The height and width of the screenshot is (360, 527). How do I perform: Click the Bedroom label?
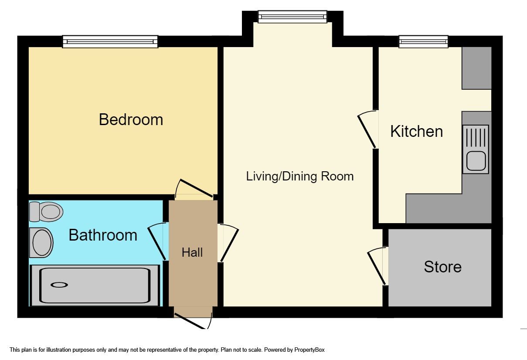[x=131, y=119]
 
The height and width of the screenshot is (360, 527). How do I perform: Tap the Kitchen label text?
[x=416, y=131]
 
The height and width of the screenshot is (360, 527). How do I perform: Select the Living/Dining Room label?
[x=299, y=177]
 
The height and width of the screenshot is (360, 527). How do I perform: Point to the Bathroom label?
[x=103, y=235]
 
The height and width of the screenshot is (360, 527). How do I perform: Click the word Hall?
[x=192, y=252]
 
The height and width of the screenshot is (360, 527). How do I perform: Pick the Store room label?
[x=442, y=267]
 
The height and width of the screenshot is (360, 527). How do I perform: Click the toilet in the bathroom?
[x=46, y=212]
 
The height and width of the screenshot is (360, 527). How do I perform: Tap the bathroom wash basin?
[x=42, y=242]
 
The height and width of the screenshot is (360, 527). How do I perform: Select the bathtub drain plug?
[x=59, y=285]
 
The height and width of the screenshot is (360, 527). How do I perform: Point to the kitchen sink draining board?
[x=476, y=137]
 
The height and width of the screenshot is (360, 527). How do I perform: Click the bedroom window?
[x=110, y=42]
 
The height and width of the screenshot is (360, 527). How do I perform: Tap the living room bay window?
[x=292, y=17]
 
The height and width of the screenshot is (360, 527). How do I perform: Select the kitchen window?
[x=423, y=42]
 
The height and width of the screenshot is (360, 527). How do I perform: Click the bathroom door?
[x=157, y=241]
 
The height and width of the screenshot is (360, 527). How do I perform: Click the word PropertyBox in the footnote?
[x=309, y=350]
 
